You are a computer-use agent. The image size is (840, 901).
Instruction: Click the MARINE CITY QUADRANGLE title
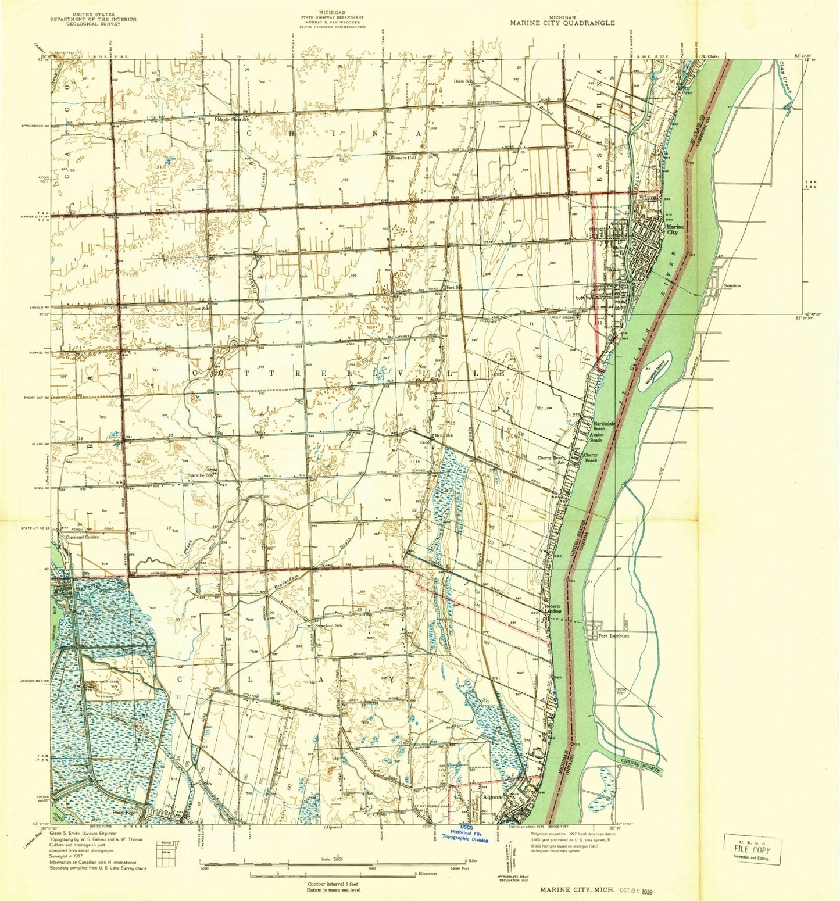562,23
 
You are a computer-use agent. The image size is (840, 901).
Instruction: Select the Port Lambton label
613,636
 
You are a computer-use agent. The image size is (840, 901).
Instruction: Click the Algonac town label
493,797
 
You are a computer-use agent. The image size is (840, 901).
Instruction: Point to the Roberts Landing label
552,609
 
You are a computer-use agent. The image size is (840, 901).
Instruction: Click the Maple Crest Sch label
233,120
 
